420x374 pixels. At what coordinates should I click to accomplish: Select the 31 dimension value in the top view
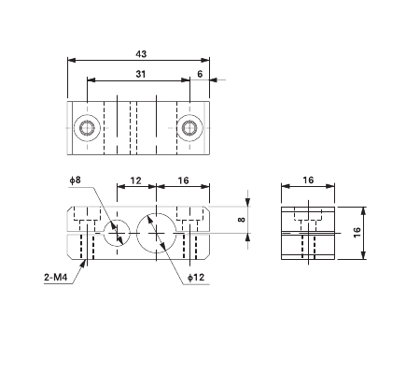(141, 74)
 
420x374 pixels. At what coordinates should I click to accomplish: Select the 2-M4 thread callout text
(58, 278)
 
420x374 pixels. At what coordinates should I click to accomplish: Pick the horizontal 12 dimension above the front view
(135, 180)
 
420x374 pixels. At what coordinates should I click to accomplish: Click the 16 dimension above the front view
(182, 180)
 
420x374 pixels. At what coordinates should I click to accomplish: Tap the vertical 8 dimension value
(241, 221)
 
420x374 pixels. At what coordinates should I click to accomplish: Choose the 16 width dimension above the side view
(307, 180)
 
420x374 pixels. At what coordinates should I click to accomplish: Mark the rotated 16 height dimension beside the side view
(357, 232)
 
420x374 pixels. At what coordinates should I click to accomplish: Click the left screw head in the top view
(87, 127)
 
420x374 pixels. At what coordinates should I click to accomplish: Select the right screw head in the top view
(190, 127)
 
